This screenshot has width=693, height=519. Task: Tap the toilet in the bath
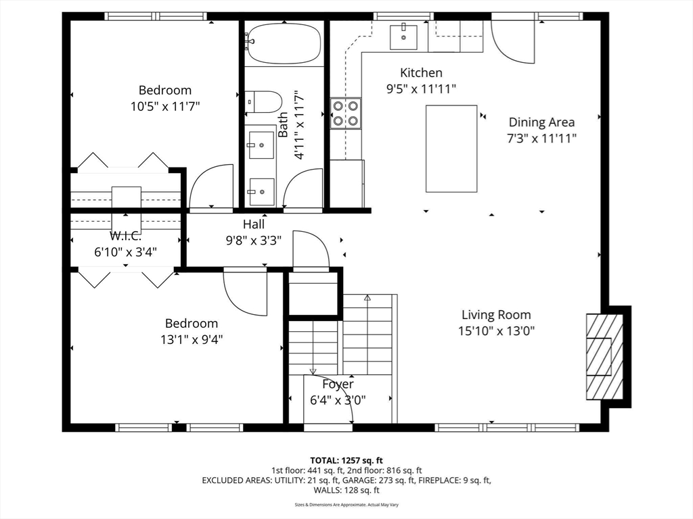pyautogui.click(x=263, y=102)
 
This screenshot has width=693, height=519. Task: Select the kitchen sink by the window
pyautogui.click(x=403, y=38)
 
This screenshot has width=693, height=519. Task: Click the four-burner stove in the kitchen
pyautogui.click(x=346, y=113)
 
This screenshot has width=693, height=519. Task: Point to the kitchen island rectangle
pyautogui.click(x=451, y=148)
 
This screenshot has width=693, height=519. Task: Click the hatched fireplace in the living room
pyautogui.click(x=604, y=356)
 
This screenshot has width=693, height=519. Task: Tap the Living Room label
pyautogui.click(x=496, y=315)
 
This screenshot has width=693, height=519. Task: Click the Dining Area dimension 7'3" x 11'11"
pyautogui.click(x=541, y=139)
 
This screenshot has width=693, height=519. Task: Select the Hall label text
pyautogui.click(x=254, y=224)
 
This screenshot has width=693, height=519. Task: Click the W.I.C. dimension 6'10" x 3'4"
pyautogui.click(x=125, y=252)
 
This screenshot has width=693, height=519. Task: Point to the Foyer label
pyautogui.click(x=338, y=385)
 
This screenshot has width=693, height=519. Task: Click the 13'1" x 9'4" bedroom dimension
pyautogui.click(x=192, y=339)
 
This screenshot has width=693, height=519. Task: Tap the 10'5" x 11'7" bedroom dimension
pyautogui.click(x=165, y=106)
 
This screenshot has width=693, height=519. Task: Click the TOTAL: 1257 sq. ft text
pyautogui.click(x=346, y=461)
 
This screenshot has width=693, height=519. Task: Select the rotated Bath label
pyautogui.click(x=283, y=124)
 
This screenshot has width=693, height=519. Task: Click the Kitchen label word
pyautogui.click(x=421, y=72)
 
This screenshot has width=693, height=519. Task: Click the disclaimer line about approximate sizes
pyautogui.click(x=346, y=504)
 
